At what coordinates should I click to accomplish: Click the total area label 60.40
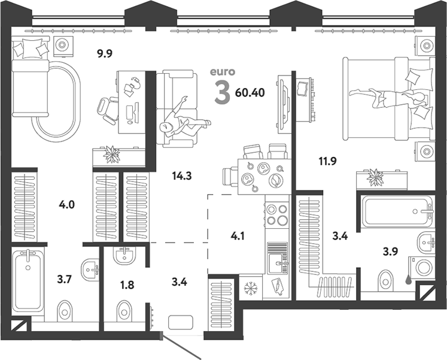point(250,92)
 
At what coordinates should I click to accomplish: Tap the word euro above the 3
point(223,72)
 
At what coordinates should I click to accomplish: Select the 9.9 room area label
point(105,53)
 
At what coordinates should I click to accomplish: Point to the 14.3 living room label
point(182,176)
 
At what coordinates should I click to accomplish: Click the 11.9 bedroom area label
point(327,161)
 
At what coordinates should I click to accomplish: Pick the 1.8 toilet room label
point(127,285)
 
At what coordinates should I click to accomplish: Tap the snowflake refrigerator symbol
point(251,288)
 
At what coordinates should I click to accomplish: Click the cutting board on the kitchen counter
point(277,286)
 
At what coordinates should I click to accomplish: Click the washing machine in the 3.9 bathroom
point(422,267)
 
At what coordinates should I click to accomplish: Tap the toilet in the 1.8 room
point(124,311)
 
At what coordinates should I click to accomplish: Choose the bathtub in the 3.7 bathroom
point(28,281)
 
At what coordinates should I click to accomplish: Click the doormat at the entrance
point(181,322)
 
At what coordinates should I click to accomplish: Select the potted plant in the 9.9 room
point(111,155)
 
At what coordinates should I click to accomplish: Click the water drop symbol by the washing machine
point(409,280)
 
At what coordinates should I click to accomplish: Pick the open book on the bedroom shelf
point(302,89)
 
